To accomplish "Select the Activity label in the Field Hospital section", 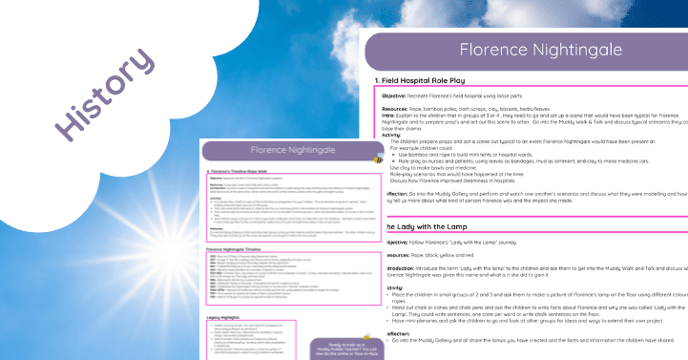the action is tap(392, 136).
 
